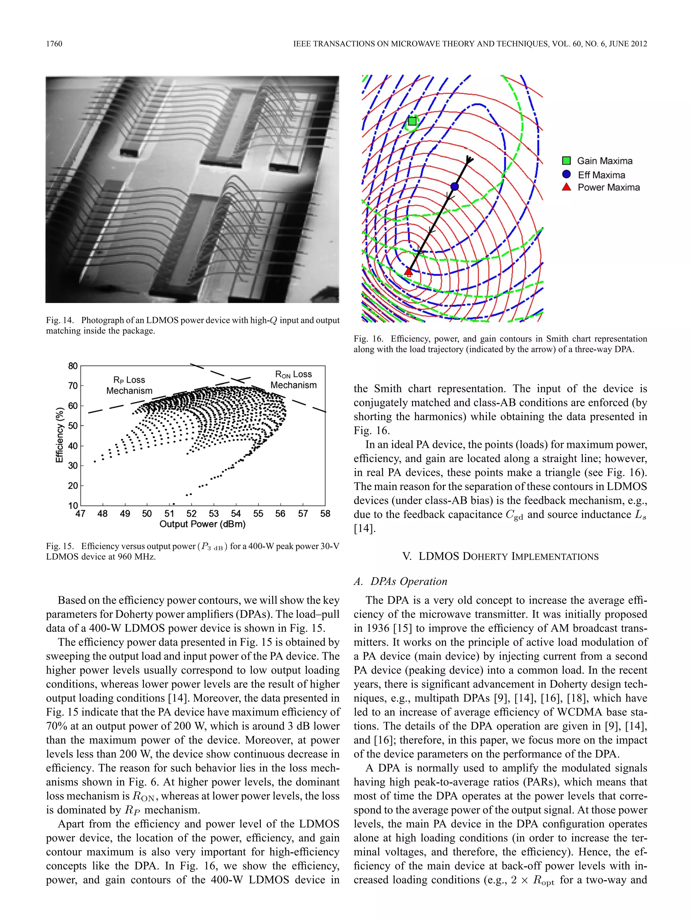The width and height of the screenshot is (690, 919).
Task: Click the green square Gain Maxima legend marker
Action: click(x=566, y=161)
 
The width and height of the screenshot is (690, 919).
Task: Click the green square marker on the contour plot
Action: click(x=412, y=121)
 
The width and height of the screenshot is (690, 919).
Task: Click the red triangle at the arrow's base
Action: click(x=409, y=272)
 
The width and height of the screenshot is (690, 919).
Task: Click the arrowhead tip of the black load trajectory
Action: click(x=470, y=158)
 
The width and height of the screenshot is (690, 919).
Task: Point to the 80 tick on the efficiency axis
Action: click(x=73, y=366)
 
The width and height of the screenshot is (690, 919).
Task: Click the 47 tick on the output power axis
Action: click(x=80, y=514)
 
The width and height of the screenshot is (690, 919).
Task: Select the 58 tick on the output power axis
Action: click(x=325, y=514)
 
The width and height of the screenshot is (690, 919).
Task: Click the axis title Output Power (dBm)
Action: click(x=202, y=524)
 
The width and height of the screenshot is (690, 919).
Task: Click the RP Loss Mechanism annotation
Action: click(x=129, y=385)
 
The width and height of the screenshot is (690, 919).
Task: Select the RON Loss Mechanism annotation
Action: click(x=293, y=380)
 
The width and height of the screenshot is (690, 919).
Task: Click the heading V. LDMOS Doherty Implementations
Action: click(x=500, y=556)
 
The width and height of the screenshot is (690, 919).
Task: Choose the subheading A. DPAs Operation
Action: click(x=400, y=581)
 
